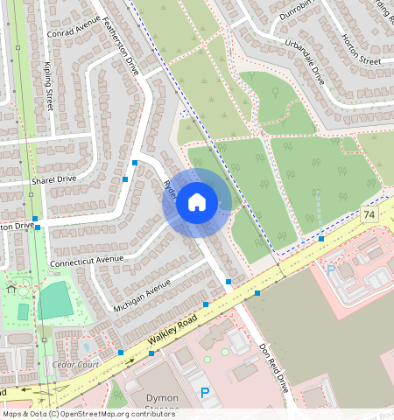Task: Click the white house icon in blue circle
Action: point(197,203)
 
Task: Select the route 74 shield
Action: point(369,214)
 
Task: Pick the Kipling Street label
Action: point(50,86)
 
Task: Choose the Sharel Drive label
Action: point(54,178)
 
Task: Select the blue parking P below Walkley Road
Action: point(205,394)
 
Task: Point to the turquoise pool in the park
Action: point(24,312)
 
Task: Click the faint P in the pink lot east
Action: point(331,270)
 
